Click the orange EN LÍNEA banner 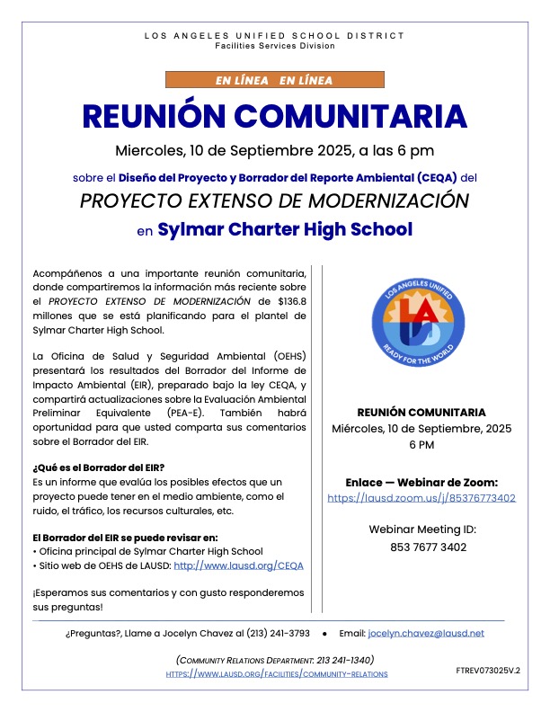pyautogui.click(x=274, y=80)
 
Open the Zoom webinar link pyautogui.click(x=421, y=497)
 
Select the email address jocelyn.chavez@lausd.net pyautogui.click(x=426, y=633)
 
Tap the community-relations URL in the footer pyautogui.click(x=278, y=673)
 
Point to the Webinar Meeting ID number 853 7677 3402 pyautogui.click(x=421, y=547)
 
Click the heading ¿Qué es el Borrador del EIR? pyautogui.click(x=97, y=468)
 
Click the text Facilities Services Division pyautogui.click(x=275, y=45)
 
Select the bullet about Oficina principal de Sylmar pyautogui.click(x=147, y=551)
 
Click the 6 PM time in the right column pyautogui.click(x=421, y=445)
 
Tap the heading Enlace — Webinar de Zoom pyautogui.click(x=421, y=482)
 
